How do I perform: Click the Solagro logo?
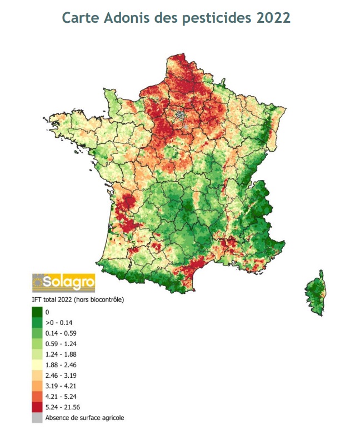[x=63, y=283]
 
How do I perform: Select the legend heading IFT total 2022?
[x=77, y=299]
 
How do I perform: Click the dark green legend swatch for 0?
[x=37, y=312]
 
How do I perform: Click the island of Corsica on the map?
[x=316, y=292]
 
